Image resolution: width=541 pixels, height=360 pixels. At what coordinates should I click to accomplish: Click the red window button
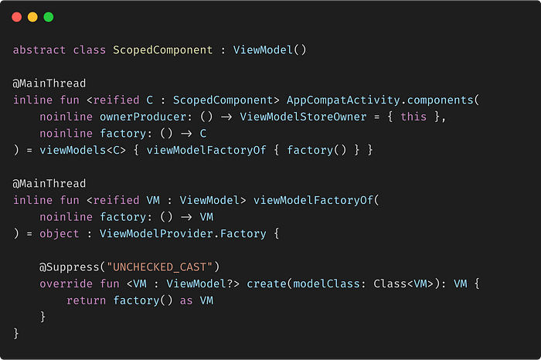(x=16, y=16)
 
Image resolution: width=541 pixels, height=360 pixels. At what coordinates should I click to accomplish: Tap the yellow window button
(x=32, y=16)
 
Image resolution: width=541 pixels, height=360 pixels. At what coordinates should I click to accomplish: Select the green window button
(x=49, y=16)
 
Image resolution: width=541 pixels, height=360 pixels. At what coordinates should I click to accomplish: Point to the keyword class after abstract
(x=90, y=50)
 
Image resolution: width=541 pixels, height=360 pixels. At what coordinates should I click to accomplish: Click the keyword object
(x=45, y=233)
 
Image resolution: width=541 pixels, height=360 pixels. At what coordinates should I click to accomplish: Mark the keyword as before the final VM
(x=185, y=300)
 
